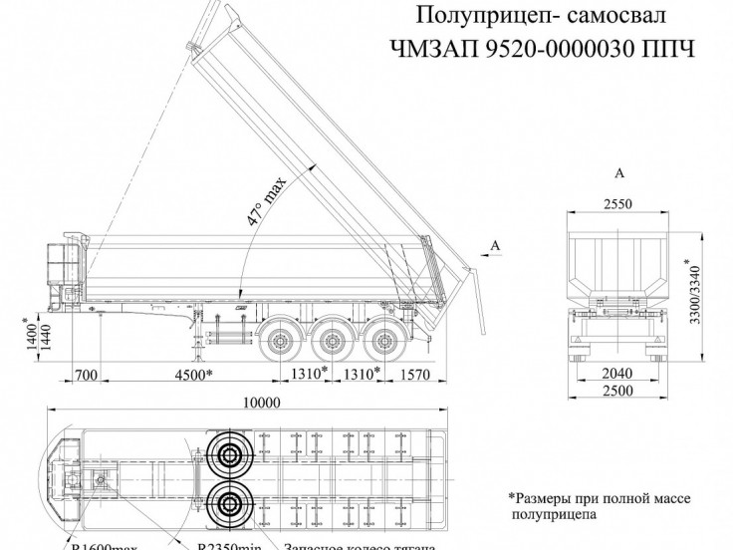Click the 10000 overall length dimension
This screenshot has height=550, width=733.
click(261, 403)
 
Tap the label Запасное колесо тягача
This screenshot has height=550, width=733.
click(360, 543)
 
